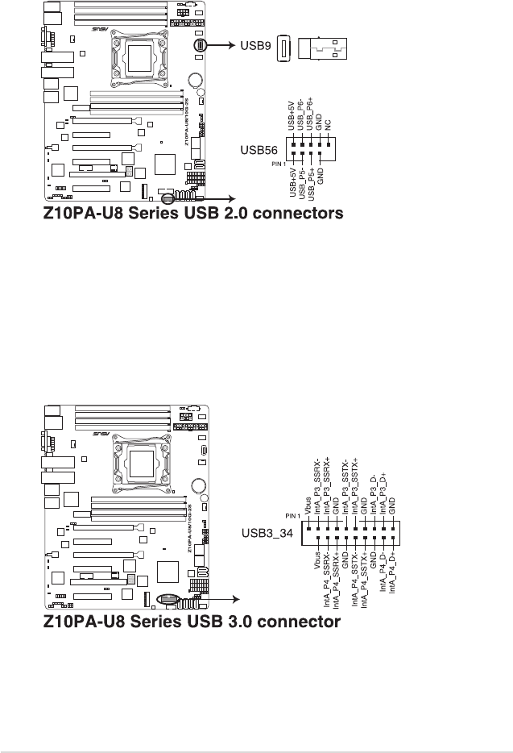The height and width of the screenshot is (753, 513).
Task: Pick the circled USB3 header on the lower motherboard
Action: tap(170, 598)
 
